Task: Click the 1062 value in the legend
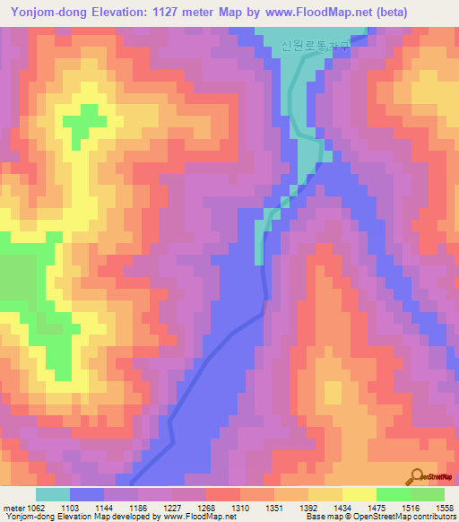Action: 36,507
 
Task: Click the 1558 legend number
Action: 446,507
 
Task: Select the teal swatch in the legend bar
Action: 53,494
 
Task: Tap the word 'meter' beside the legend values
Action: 12,507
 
